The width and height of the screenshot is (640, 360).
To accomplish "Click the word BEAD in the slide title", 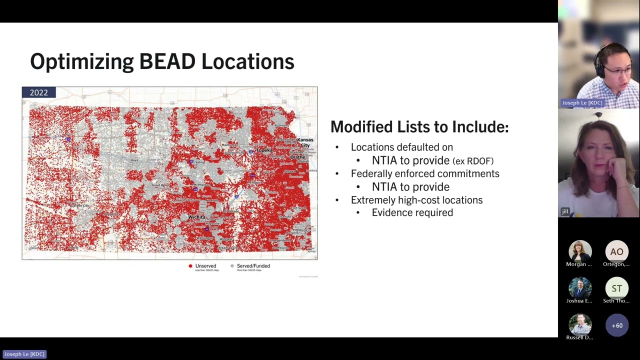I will [x=167, y=61].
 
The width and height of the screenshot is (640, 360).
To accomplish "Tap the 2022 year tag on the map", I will [x=38, y=92].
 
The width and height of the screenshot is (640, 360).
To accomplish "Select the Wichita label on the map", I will [x=197, y=217].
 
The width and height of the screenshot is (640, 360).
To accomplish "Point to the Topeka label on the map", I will [x=264, y=150].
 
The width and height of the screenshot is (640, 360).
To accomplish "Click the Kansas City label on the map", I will [x=305, y=142].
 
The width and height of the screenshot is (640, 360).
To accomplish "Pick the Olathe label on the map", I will [x=297, y=157].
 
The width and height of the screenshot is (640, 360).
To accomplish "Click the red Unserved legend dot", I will [x=190, y=266].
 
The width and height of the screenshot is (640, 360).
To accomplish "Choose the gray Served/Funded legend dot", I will [x=232, y=266].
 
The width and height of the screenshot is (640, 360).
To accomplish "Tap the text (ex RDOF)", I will [x=473, y=161].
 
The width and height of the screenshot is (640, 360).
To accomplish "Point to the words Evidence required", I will [x=412, y=212].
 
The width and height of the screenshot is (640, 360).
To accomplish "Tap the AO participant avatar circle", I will [x=616, y=252].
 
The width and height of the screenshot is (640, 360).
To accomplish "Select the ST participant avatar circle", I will [x=616, y=288].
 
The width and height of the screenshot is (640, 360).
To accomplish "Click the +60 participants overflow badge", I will [x=616, y=325].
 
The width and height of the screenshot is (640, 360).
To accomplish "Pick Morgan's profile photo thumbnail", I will [x=579, y=252].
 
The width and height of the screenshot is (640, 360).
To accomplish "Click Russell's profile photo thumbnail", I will [x=579, y=325].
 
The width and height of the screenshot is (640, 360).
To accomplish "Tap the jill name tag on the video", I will [x=565, y=211].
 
